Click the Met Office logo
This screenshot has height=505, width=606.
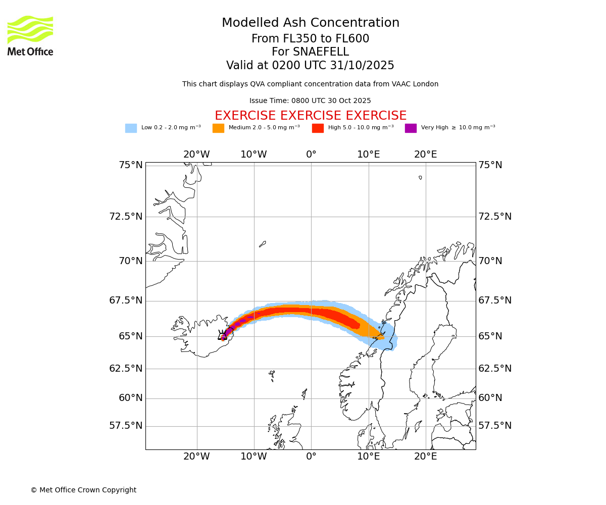pos(30,35)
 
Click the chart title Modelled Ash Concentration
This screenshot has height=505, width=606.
pos(310,23)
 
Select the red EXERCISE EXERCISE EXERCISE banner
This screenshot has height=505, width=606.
pos(310,116)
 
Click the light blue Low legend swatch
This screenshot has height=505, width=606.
pos(131,128)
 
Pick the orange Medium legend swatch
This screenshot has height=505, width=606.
pos(218,128)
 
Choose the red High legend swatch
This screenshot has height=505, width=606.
pos(318,128)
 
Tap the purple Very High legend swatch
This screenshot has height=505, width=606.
pos(411,128)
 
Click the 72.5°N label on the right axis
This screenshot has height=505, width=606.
pos(495,217)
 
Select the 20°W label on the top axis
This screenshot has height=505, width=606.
pos(196,155)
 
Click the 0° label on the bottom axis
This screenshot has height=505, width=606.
pos(311,457)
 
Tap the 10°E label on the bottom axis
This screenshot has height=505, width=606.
pos(369,457)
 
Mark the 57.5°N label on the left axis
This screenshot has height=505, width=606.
pos(126,426)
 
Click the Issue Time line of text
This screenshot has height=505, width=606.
pos(310,101)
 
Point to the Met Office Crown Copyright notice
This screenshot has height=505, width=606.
pos(83,490)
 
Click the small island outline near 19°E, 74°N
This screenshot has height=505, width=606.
pos(420,178)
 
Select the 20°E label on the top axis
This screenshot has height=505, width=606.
pos(426,155)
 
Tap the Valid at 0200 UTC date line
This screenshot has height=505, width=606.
pos(310,66)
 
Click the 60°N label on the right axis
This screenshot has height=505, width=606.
pos(490,398)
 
